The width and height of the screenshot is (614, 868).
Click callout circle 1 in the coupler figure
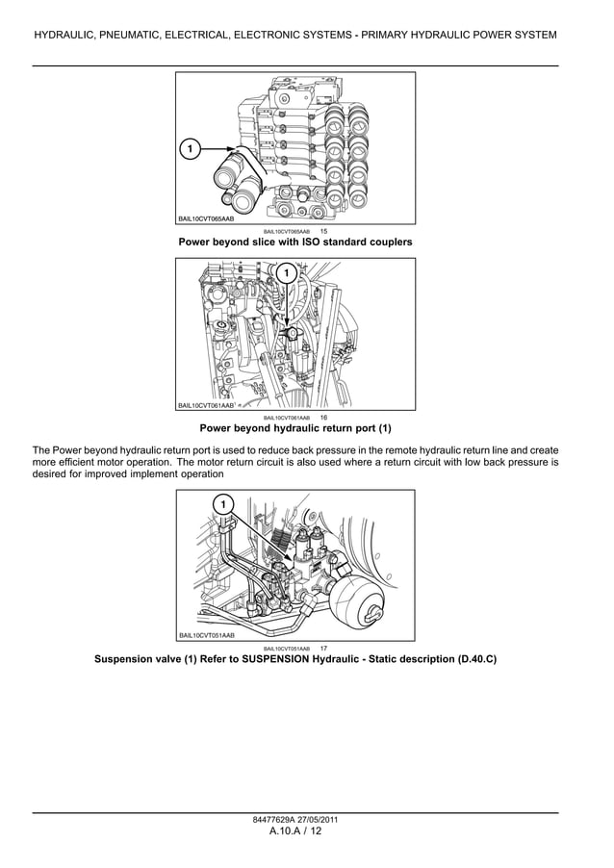(190, 149)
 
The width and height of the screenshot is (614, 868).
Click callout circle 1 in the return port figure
(286, 275)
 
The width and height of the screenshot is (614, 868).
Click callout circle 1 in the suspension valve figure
(222, 505)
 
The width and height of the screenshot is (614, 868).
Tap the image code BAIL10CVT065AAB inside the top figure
(206, 219)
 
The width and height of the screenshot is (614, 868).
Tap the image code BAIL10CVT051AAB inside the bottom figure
(206, 635)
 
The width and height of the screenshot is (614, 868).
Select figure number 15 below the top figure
(323, 232)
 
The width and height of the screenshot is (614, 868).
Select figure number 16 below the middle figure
(323, 418)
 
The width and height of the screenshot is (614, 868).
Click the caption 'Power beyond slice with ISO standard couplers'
(294, 243)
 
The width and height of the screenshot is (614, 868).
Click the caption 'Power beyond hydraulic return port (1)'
(294, 428)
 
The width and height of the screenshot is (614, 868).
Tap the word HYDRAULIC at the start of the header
(65, 36)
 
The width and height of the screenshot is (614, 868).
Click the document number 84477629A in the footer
(271, 820)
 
